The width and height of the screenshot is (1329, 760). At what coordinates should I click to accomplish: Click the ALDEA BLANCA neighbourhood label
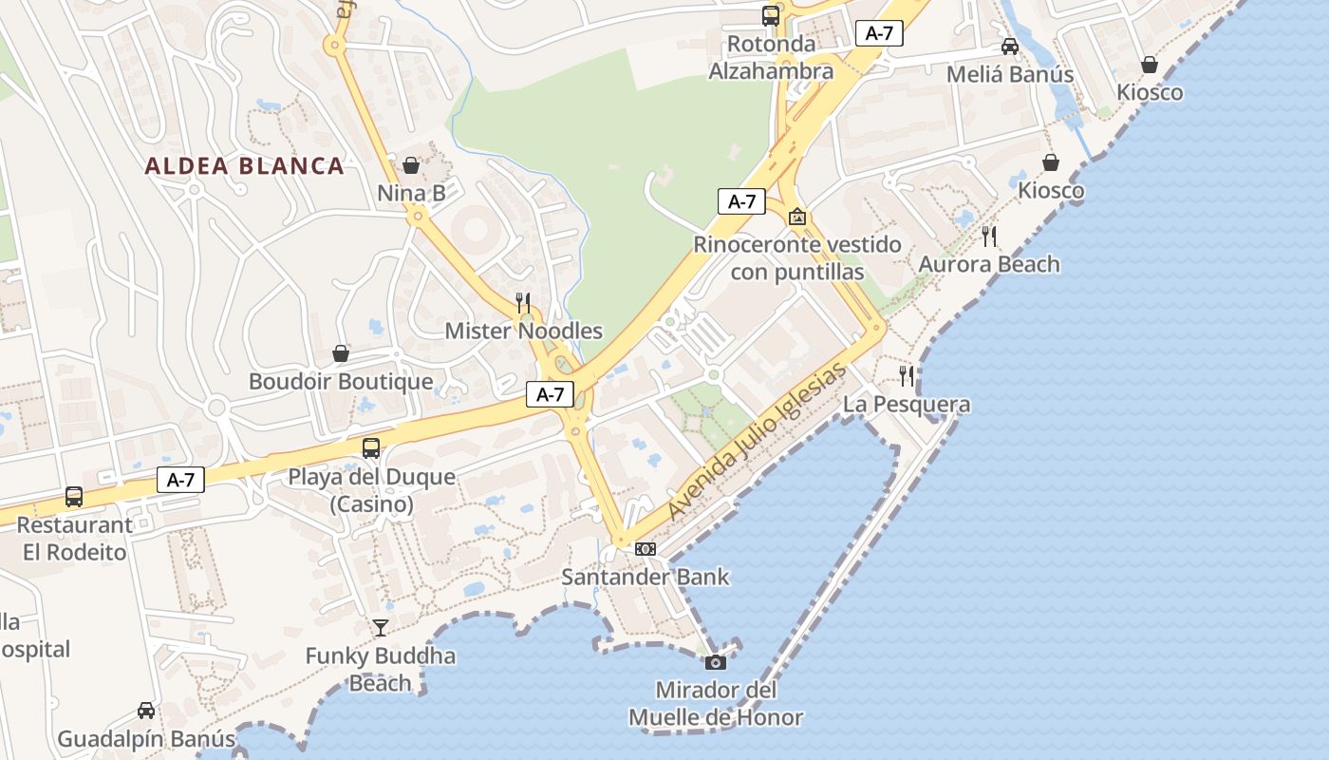(x=244, y=166)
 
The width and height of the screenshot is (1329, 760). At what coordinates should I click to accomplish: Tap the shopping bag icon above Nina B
(x=411, y=165)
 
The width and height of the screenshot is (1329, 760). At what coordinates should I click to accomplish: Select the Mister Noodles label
(x=524, y=331)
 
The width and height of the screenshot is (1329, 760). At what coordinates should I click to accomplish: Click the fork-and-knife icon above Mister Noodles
(x=523, y=303)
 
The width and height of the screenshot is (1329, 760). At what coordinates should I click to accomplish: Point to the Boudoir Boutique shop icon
(x=341, y=354)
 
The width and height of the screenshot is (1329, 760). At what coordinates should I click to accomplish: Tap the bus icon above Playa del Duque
(x=371, y=448)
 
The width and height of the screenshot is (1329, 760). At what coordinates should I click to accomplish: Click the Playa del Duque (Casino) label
(x=372, y=490)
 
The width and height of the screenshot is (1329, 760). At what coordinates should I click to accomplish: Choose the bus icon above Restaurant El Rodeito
(x=74, y=496)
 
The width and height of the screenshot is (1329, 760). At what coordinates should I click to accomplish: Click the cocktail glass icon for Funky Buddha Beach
(x=381, y=627)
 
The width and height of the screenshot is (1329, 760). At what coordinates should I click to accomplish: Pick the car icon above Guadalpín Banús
(x=146, y=710)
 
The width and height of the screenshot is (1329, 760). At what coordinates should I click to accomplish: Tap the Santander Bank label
(x=646, y=577)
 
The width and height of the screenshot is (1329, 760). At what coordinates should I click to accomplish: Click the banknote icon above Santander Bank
(x=645, y=549)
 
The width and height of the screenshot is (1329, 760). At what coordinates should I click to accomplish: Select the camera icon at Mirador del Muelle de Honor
(x=716, y=662)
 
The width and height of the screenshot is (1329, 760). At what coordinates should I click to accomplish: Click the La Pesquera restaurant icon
(x=907, y=376)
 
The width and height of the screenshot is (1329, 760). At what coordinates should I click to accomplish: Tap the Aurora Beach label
(x=989, y=264)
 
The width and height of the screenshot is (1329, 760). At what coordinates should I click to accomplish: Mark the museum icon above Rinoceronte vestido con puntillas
(x=797, y=217)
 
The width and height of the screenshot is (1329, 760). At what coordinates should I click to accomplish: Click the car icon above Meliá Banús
(x=1010, y=47)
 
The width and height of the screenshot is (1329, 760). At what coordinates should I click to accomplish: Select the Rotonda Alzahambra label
(x=771, y=57)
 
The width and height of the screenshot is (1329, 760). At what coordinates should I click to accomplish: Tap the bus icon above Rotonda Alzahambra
(x=771, y=15)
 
